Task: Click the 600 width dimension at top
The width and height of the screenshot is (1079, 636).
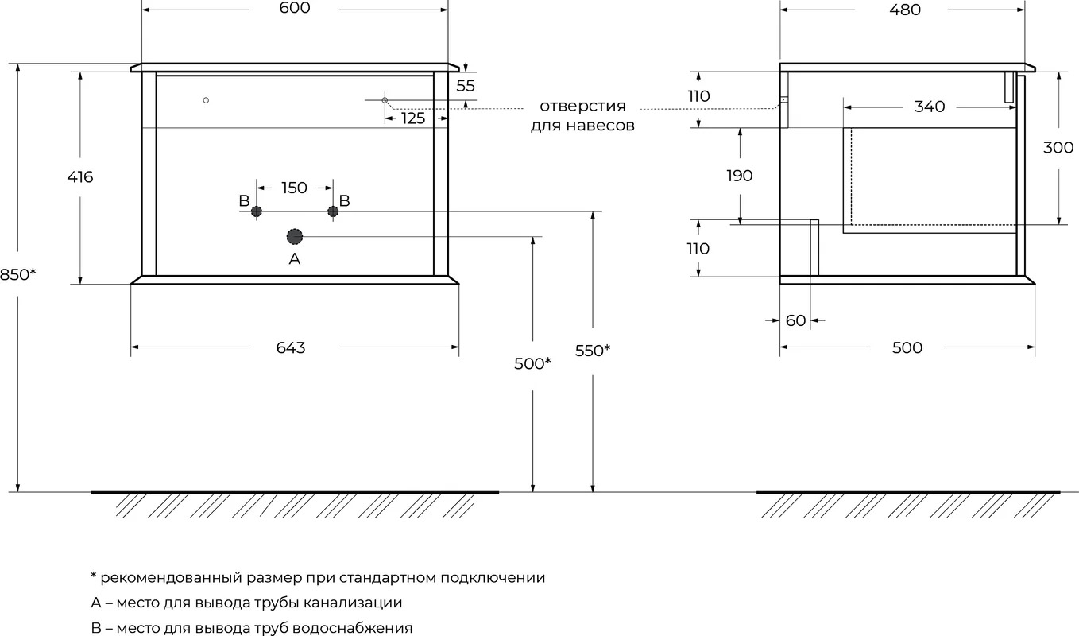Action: [x=294, y=8]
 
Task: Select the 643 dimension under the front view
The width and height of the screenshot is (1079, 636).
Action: [x=291, y=347]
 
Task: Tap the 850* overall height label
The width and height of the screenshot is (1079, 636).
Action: [x=17, y=274]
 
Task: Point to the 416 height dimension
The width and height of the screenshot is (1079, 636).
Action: [x=80, y=176]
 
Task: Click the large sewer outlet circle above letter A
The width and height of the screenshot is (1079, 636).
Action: [x=294, y=237]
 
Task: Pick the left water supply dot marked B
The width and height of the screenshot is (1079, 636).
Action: [x=257, y=211]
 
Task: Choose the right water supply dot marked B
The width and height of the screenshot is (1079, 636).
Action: [x=333, y=211]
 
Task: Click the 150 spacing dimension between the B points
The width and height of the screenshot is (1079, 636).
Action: [x=294, y=188]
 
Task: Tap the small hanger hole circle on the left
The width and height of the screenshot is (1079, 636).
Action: [x=206, y=100]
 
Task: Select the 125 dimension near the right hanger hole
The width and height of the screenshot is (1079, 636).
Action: [x=413, y=118]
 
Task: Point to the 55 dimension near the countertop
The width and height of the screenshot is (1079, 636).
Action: [x=466, y=85]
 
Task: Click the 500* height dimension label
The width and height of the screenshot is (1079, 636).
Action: [x=532, y=363]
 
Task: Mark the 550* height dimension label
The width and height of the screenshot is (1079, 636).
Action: [x=593, y=351]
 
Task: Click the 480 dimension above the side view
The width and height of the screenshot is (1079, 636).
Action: [x=905, y=10]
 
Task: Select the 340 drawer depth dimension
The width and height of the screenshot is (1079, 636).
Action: [x=929, y=107]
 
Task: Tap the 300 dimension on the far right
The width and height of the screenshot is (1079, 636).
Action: [x=1058, y=147]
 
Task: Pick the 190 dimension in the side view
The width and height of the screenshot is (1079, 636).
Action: [x=740, y=176]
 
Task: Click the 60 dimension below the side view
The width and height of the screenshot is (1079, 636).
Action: [x=795, y=320]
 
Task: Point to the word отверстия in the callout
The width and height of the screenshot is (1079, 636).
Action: [x=582, y=106]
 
